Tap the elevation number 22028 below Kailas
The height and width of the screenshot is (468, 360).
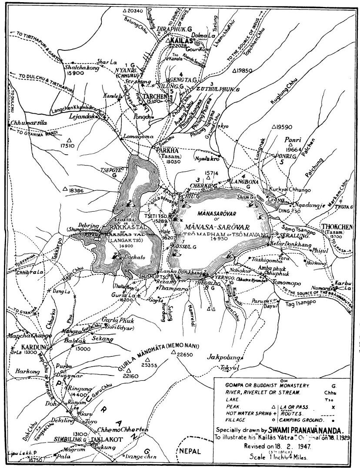(x=178, y=45)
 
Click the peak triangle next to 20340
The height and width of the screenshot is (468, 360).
(x=125, y=10)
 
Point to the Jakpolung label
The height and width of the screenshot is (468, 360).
(x=224, y=357)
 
